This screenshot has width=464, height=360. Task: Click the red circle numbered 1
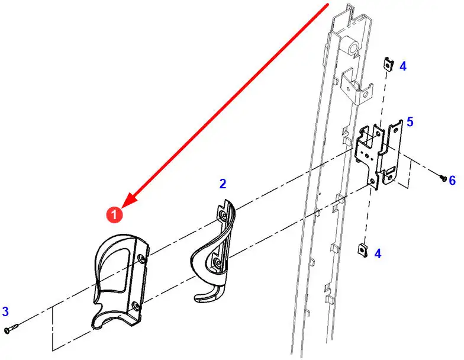point(114,214)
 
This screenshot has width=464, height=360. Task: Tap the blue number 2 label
point(223,184)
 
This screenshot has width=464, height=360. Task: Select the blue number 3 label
point(5,311)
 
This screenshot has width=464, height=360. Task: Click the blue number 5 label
point(410,122)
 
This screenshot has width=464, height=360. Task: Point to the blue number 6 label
point(452,180)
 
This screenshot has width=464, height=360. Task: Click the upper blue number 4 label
point(402,66)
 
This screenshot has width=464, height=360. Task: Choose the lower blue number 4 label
point(378,253)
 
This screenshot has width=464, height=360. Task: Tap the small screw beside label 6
point(443,178)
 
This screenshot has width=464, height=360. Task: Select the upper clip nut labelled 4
point(389,64)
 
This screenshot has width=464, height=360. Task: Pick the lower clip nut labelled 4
point(363,250)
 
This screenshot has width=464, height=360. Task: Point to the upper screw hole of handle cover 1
point(143,258)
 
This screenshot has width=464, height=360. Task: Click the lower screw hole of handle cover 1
point(135,306)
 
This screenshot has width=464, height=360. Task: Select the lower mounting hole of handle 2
point(217,262)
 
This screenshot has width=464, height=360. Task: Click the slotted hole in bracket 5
point(391,169)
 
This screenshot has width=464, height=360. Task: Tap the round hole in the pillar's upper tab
point(366,95)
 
